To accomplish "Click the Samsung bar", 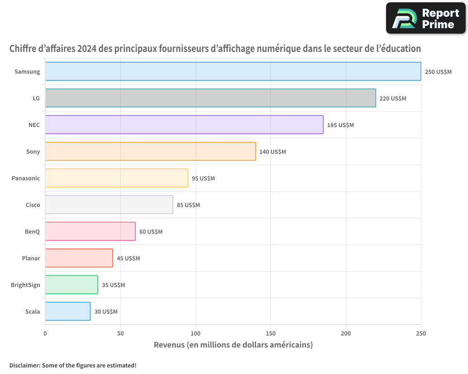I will pyautogui.click(x=233, y=72).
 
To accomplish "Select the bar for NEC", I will pyautogui.click(x=184, y=125).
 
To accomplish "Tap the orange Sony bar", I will pyautogui.click(x=150, y=151).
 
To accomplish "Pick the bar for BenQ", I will pyautogui.click(x=90, y=231).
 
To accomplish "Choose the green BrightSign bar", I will pyautogui.click(x=72, y=285).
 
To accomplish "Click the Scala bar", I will pyautogui.click(x=68, y=311).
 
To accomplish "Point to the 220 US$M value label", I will pyautogui.click(x=393, y=99).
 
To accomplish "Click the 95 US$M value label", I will pyautogui.click(x=203, y=179).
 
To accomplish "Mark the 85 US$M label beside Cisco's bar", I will pyautogui.click(x=188, y=205).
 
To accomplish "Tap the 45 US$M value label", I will pyautogui.click(x=128, y=259).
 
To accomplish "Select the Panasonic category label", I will pyautogui.click(x=26, y=179).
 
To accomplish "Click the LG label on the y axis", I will pyautogui.click(x=36, y=99).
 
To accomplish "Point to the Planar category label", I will pyautogui.click(x=31, y=259).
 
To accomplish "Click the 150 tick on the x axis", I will pyautogui.click(x=271, y=333).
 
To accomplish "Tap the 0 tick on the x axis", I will pyautogui.click(x=45, y=333).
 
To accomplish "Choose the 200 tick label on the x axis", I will pyautogui.click(x=346, y=333).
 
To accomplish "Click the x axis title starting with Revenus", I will pyautogui.click(x=233, y=345).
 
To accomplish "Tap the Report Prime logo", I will pyautogui.click(x=426, y=18).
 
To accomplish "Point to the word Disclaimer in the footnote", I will pyautogui.click(x=24, y=365).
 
